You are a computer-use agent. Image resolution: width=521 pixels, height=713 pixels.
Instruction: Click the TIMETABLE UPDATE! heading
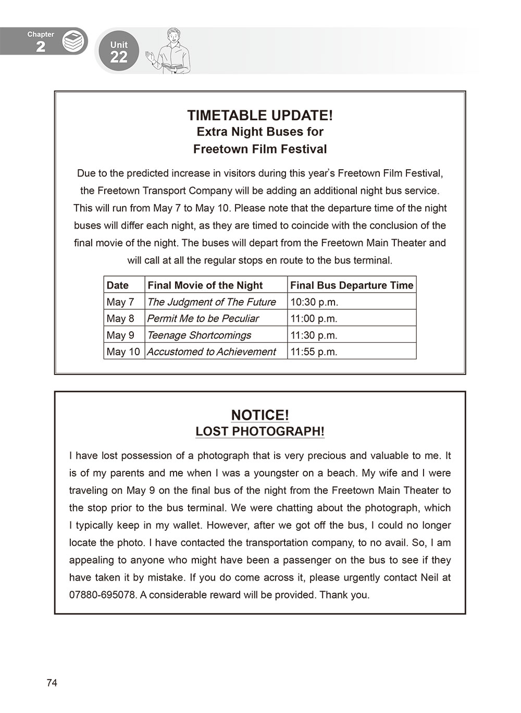[259, 115]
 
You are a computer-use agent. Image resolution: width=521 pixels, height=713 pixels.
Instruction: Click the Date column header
[118, 285]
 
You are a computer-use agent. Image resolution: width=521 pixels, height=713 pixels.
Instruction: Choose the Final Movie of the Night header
[205, 285]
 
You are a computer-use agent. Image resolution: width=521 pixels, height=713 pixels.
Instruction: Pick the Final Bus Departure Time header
[351, 285]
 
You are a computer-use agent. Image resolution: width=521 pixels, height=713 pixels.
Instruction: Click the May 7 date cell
[120, 302]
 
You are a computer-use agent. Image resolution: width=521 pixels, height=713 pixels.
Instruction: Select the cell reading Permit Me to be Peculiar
[203, 318]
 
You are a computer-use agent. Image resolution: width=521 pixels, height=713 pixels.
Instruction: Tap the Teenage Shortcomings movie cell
[199, 335]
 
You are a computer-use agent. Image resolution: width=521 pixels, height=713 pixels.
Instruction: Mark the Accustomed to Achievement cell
[212, 352]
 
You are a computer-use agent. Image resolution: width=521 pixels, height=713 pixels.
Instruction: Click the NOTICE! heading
[259, 415]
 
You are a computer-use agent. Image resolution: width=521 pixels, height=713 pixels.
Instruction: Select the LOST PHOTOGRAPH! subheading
[259, 432]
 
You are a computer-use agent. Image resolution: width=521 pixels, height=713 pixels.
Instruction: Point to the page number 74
[52, 683]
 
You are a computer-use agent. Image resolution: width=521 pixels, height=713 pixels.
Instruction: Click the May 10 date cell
[123, 352]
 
